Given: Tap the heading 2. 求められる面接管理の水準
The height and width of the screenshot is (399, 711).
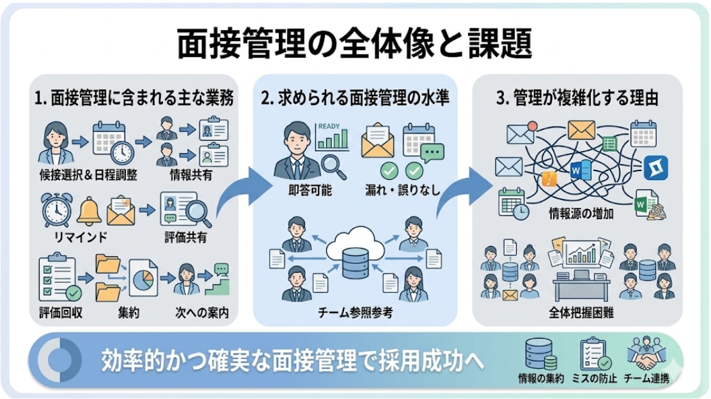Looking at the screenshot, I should pos(355,99).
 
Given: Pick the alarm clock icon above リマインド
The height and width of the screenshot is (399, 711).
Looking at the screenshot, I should pos(56,210).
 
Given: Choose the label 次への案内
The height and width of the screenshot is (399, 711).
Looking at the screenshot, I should pos(202,314).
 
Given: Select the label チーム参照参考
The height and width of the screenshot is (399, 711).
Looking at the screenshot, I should pos(355,313).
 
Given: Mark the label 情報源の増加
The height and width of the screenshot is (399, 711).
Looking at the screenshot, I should pos(581,214).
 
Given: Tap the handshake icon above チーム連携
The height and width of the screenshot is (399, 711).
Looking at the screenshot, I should pos(646,355).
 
